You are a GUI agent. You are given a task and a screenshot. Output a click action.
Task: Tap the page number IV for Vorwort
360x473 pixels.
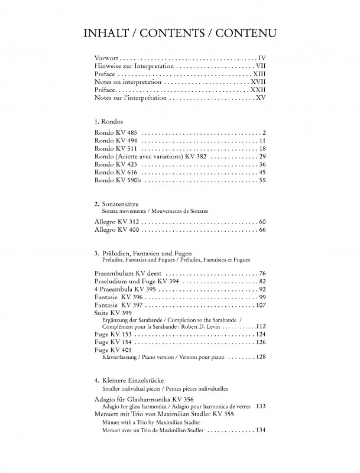(x=262, y=58)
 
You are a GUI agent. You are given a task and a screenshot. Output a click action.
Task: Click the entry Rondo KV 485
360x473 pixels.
(x=115, y=132)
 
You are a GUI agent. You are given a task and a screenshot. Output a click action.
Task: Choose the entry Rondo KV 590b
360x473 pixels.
(x=117, y=181)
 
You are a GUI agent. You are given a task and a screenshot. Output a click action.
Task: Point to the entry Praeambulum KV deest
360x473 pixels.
(x=128, y=274)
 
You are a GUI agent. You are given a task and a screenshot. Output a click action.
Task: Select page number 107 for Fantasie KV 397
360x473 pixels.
(x=260, y=306)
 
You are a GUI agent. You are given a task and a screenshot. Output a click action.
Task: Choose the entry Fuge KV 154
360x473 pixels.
(x=113, y=342)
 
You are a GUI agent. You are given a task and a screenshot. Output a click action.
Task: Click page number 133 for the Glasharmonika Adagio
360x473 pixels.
(x=260, y=406)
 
